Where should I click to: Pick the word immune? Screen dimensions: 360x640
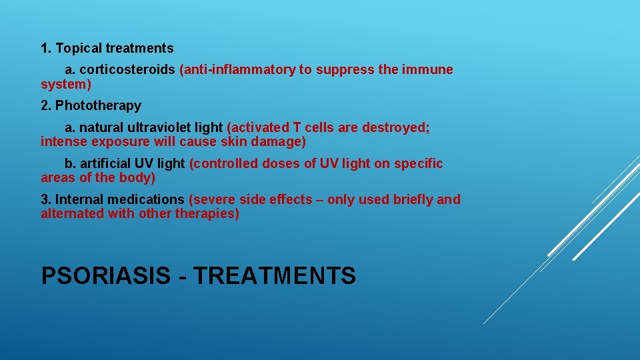[427, 70]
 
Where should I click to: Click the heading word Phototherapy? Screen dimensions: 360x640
[98, 105]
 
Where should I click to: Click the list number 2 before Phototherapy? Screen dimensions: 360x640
[45, 105]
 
